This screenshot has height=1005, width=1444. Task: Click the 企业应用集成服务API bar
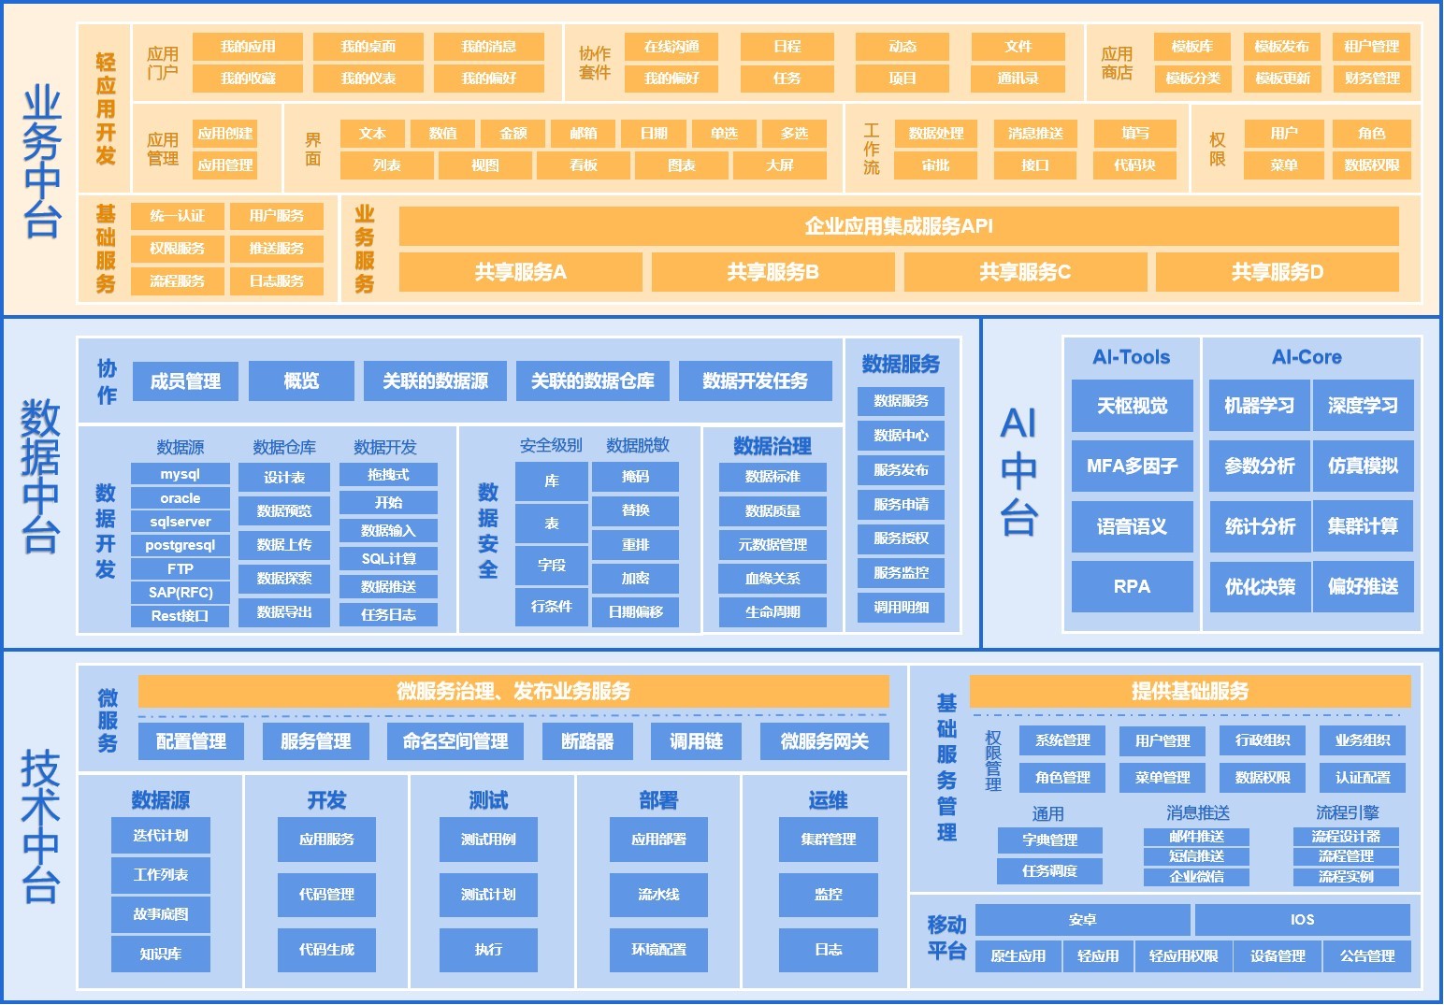898,226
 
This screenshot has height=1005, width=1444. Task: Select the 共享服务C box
1025,272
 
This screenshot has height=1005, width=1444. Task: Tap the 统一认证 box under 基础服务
177,216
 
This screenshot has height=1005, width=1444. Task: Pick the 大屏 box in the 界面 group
779,165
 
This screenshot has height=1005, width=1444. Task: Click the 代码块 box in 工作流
1134,165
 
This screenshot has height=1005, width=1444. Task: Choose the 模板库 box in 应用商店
1192,47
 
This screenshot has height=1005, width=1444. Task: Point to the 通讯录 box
1018,79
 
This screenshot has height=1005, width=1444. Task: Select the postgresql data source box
180,545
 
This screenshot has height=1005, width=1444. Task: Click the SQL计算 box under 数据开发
388,559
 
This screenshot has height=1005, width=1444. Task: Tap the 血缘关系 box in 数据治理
773,579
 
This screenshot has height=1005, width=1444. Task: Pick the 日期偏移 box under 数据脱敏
636,611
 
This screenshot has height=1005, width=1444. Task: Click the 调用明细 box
901,607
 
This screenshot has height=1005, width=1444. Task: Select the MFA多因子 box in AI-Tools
1132,466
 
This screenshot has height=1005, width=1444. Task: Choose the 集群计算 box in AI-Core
1363,526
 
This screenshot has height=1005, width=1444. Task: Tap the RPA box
1132,586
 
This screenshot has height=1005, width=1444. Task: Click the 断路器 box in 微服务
587,741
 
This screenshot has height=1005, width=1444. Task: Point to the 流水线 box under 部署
658,895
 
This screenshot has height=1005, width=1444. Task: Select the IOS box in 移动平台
1302,920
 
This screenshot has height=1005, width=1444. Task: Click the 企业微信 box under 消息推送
1196,877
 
